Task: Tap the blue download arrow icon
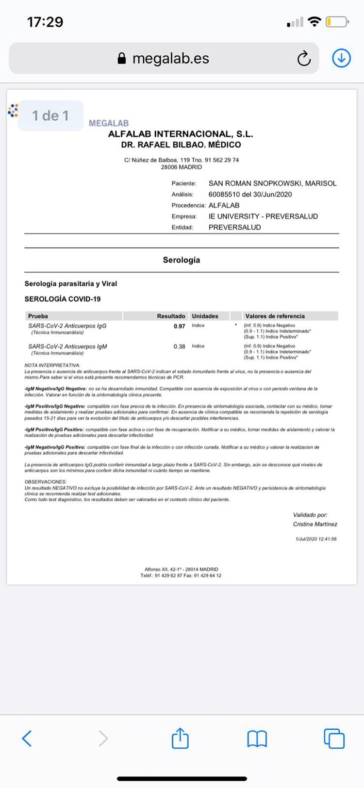341,58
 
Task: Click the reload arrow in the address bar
304,59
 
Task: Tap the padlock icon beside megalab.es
122,59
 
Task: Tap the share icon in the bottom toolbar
180,738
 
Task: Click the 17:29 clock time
45,22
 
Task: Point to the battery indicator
337,22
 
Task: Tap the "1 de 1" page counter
50,115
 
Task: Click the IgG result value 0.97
180,327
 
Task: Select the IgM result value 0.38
180,347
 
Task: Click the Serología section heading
182,260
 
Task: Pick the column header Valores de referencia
275,316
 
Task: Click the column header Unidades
205,316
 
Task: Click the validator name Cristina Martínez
315,524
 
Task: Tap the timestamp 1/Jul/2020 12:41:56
316,539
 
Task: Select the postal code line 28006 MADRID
182,167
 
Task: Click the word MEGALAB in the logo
109,123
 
